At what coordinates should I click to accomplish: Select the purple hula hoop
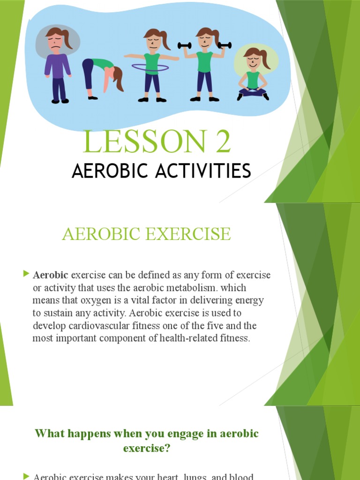(150, 67)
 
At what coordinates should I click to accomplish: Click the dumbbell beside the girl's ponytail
(224, 45)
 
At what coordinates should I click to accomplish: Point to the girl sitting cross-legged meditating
(253, 75)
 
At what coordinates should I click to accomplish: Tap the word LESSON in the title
(142, 143)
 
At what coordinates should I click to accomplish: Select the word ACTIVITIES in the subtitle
(207, 171)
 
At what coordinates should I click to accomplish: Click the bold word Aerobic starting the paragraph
(51, 275)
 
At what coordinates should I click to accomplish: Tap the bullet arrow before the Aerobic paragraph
(26, 274)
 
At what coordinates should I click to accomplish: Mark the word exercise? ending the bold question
(147, 449)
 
